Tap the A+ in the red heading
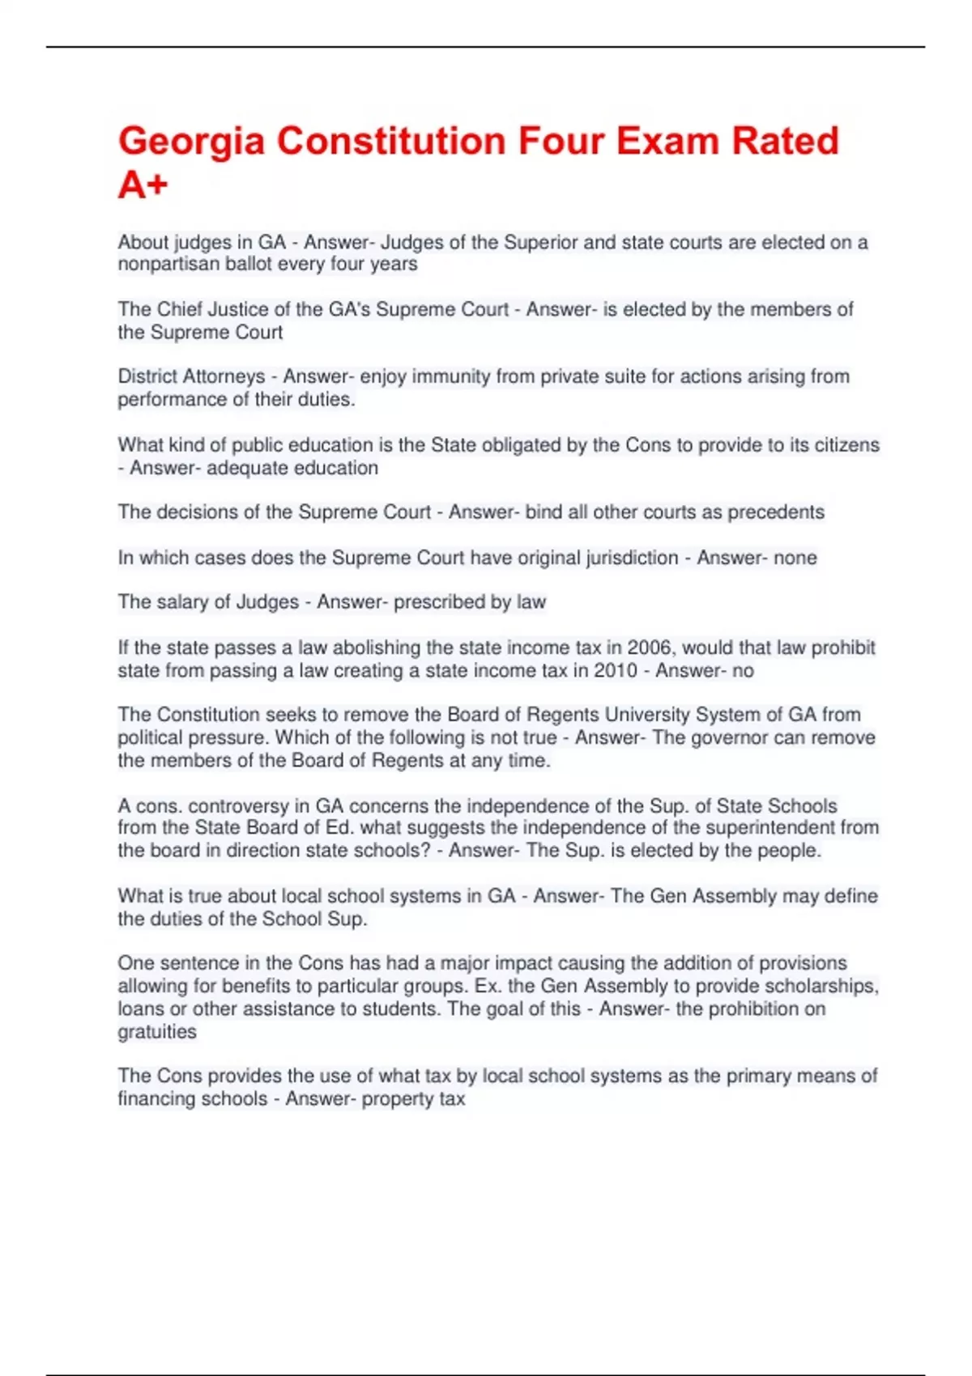pyautogui.click(x=143, y=185)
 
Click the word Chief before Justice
pyautogui.click(x=180, y=310)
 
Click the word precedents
pyautogui.click(x=775, y=512)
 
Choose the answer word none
pyautogui.click(x=795, y=558)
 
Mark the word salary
pyautogui.click(x=177, y=602)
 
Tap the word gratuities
pyautogui.click(x=157, y=1032)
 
